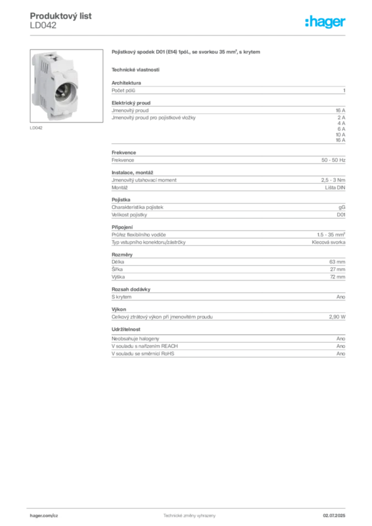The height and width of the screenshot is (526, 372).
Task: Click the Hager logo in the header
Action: pos(325,22)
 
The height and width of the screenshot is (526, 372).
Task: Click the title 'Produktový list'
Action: pos(61,16)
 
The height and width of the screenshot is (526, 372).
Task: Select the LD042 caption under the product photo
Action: pos(36,128)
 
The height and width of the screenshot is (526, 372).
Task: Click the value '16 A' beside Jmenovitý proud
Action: pos(341,110)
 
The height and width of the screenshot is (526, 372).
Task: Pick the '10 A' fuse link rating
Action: pos(341,135)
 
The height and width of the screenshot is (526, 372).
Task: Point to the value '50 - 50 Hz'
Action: pos(333,160)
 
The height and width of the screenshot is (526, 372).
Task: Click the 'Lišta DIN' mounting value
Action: pos(335,187)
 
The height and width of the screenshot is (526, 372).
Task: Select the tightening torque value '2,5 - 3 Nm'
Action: pos(333,180)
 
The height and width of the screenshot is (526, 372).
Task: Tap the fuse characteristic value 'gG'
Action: pos(342,208)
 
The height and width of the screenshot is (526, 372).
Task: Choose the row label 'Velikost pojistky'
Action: pos(129,215)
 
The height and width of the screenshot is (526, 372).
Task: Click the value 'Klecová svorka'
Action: pos(328,242)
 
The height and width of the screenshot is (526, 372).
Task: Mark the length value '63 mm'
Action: pos(337,261)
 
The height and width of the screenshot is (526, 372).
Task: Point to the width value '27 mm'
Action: pos(338,269)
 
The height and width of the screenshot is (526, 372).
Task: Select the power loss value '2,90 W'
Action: pos(337,316)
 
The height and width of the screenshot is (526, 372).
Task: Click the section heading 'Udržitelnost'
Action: pos(126,329)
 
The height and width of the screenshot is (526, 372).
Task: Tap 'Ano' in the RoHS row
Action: pos(341,353)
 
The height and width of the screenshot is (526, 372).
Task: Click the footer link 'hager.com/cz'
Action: pos(44,516)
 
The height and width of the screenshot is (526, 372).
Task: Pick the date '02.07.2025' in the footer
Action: pos(334,516)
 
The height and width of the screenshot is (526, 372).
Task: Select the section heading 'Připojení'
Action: pos(122,227)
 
